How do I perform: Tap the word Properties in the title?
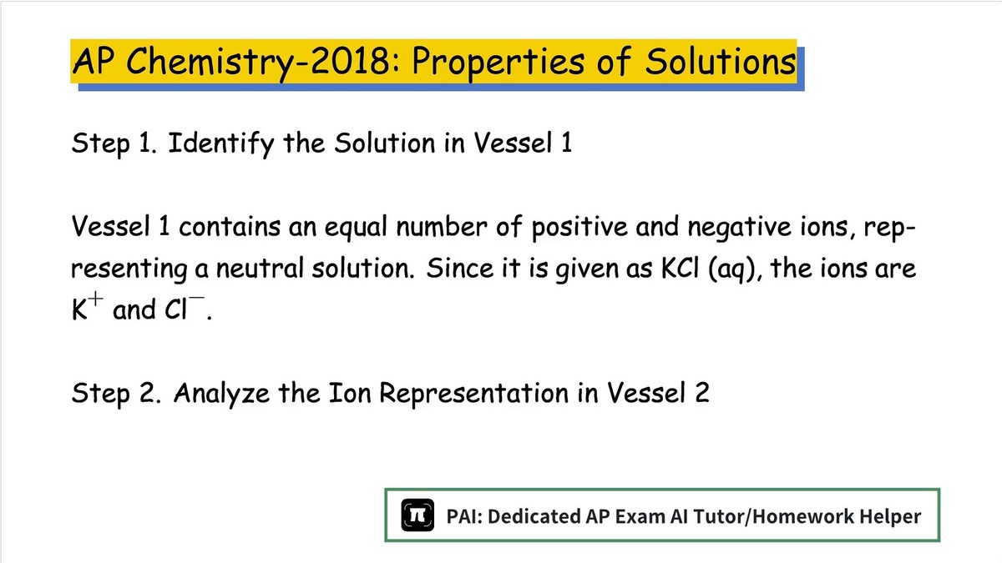click(498, 63)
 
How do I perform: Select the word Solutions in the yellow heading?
click(721, 61)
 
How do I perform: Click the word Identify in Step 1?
click(221, 143)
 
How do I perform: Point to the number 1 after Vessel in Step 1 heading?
click(567, 143)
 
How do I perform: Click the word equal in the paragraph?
click(356, 228)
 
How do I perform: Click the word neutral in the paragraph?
click(261, 268)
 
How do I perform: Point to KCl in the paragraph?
click(680, 268)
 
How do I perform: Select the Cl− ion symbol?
click(185, 308)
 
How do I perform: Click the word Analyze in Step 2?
click(221, 394)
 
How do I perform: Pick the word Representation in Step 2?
click(473, 394)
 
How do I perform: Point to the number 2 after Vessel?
click(702, 393)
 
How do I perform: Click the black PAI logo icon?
click(417, 515)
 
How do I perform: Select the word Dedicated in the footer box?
click(534, 516)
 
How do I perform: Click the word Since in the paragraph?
click(459, 268)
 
